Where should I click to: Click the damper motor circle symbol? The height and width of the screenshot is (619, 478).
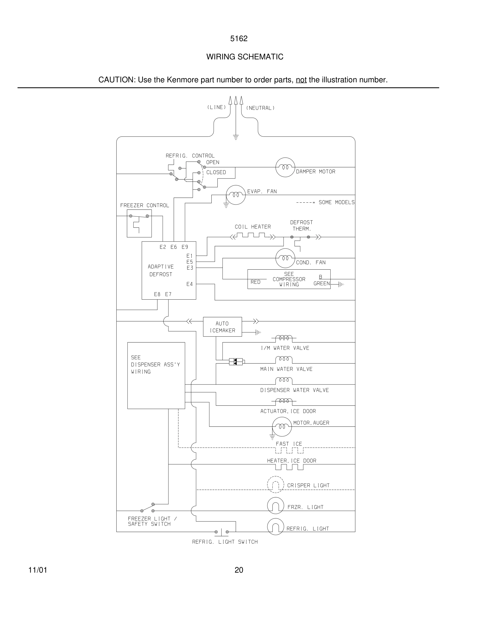click(x=285, y=167)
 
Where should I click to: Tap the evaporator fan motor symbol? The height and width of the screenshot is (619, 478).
click(x=236, y=195)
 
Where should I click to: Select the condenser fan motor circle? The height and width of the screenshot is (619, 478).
click(x=285, y=258)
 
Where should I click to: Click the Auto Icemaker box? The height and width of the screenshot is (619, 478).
click(x=222, y=327)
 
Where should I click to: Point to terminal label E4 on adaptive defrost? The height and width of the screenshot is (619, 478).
click(x=190, y=284)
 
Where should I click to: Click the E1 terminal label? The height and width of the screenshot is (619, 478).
click(x=190, y=256)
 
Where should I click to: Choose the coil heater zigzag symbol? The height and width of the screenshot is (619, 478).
click(x=253, y=236)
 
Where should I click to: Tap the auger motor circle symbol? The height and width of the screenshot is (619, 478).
click(x=282, y=426)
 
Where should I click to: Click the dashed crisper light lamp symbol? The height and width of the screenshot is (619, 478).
click(x=275, y=485)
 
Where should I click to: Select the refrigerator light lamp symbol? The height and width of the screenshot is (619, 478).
click(x=275, y=527)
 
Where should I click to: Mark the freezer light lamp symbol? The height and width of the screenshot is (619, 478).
click(x=275, y=506)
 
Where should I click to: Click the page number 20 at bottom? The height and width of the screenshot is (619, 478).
click(x=239, y=570)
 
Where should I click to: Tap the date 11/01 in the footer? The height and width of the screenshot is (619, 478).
click(x=38, y=570)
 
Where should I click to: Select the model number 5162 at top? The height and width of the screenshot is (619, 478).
click(x=239, y=39)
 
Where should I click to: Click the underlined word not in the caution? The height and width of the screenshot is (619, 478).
click(x=301, y=80)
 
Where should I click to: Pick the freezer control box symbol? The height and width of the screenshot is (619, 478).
click(x=139, y=223)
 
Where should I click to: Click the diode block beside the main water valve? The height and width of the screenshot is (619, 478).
click(x=236, y=362)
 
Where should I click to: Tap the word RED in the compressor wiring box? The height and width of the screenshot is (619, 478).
click(x=255, y=282)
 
